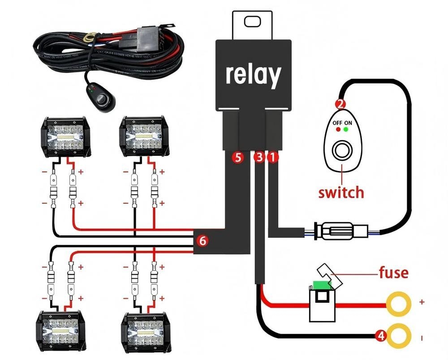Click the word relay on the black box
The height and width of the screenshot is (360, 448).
(x=253, y=75)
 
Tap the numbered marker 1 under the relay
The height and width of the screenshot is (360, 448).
(x=273, y=157)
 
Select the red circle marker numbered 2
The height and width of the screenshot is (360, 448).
(x=341, y=104)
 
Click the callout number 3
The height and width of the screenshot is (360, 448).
(x=259, y=157)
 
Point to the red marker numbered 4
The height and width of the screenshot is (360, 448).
(x=381, y=335)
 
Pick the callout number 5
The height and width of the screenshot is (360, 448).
(x=237, y=157)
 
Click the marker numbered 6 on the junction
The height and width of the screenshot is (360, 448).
(x=202, y=241)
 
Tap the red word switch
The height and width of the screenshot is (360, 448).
(x=341, y=193)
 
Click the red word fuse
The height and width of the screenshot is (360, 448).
(x=393, y=272)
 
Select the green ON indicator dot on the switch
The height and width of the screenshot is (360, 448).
(x=346, y=130)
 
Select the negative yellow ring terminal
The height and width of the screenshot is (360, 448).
(x=399, y=335)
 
